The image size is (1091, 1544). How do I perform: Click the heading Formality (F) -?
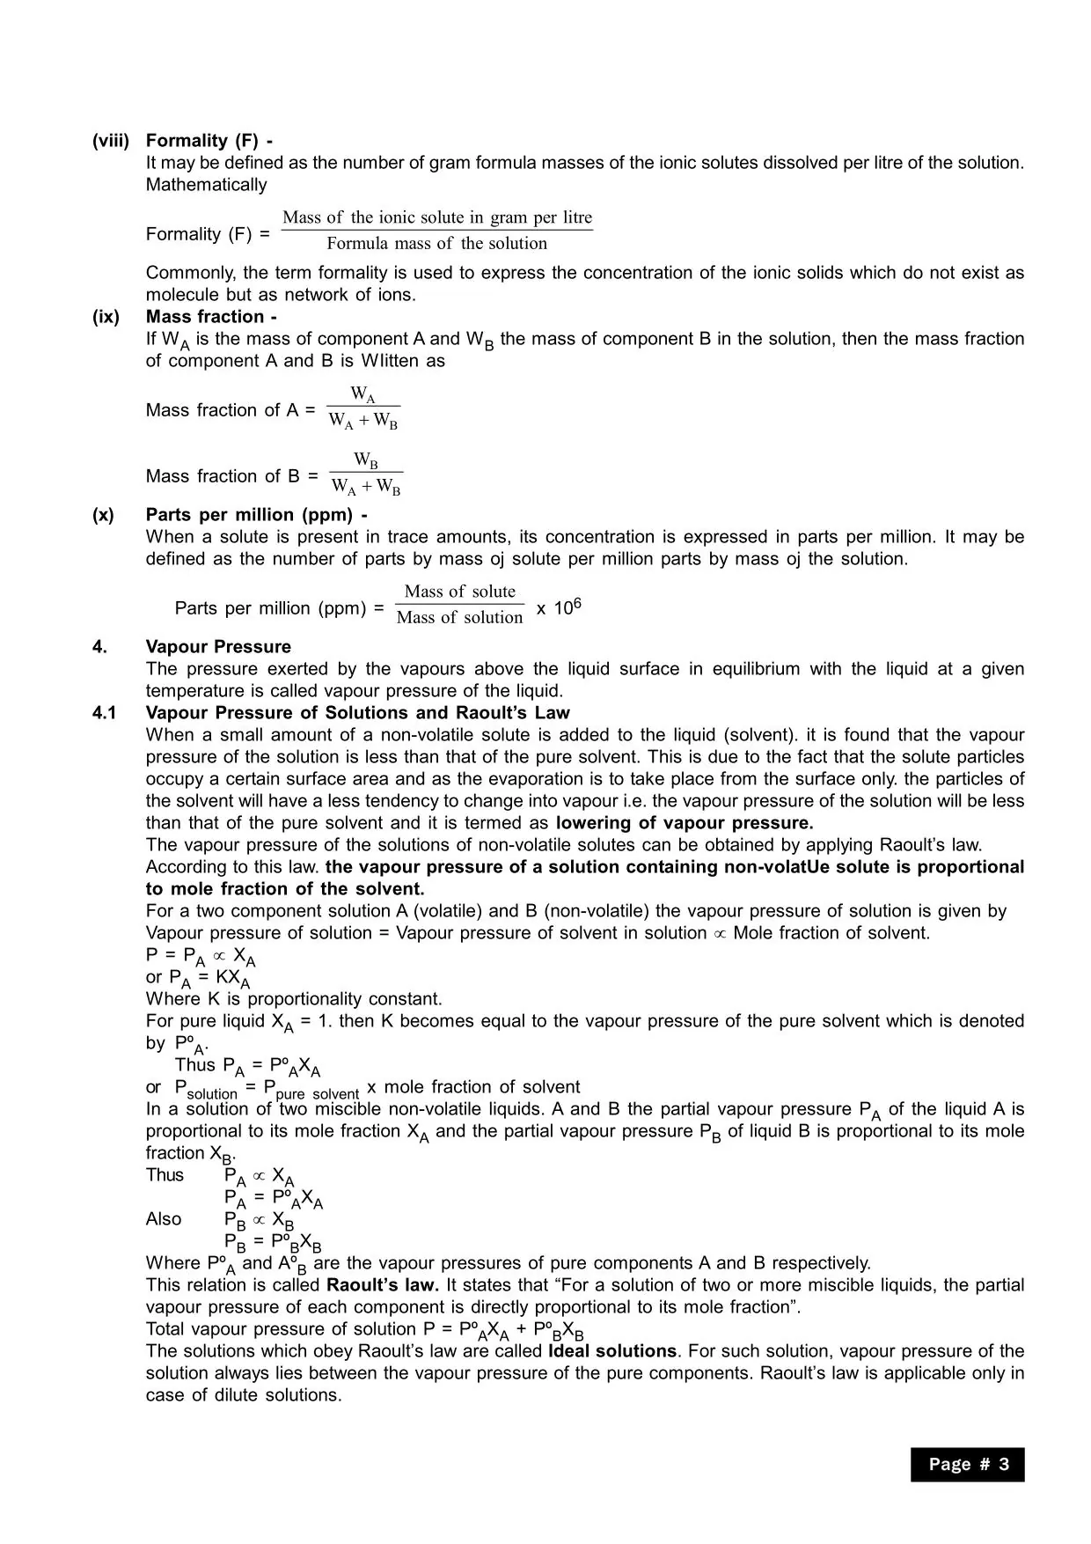[209, 141]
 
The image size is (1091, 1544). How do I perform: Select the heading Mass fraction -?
[211, 317]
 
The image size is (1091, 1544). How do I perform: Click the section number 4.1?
[104, 713]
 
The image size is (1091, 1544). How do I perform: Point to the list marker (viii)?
[111, 141]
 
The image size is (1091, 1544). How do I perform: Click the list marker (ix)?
[106, 317]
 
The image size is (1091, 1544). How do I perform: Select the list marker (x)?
[103, 515]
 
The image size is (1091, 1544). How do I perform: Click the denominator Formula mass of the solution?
[436, 244]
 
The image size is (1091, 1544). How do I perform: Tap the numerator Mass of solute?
[460, 592]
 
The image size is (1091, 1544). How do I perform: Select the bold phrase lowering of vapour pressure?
[685, 823]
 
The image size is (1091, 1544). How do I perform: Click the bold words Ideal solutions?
[612, 1351]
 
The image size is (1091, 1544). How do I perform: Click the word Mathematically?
[206, 185]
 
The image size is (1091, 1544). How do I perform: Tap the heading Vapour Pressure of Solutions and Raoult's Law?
[357, 713]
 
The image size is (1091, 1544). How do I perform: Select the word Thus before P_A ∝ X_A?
[165, 1175]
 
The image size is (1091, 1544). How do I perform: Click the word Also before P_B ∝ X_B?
[164, 1219]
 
